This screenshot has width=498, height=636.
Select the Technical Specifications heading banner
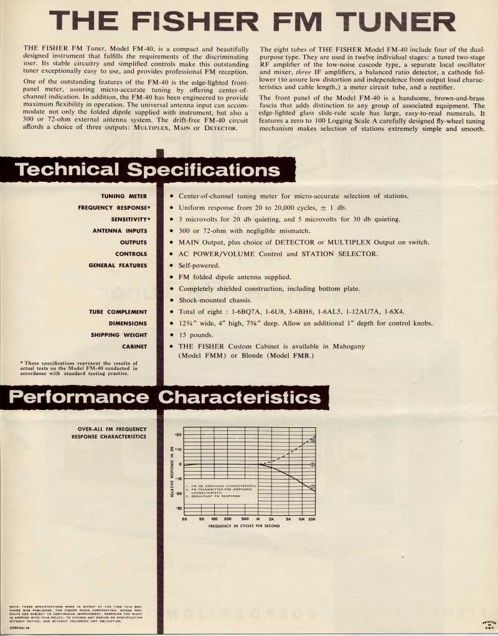click(x=147, y=169)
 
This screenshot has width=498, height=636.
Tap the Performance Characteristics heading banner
click(x=167, y=397)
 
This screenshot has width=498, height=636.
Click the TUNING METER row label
click(x=124, y=196)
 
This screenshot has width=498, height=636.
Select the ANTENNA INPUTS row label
click(x=119, y=230)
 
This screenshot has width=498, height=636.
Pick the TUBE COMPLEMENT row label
click(x=118, y=311)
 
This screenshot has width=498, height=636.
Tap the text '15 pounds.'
click(x=195, y=335)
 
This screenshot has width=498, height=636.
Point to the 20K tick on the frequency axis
click(x=312, y=518)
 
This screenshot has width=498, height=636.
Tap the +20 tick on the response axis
click(x=178, y=434)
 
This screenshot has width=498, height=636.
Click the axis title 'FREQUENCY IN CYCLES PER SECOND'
click(x=243, y=526)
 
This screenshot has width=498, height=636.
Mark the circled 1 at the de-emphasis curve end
click(x=312, y=487)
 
